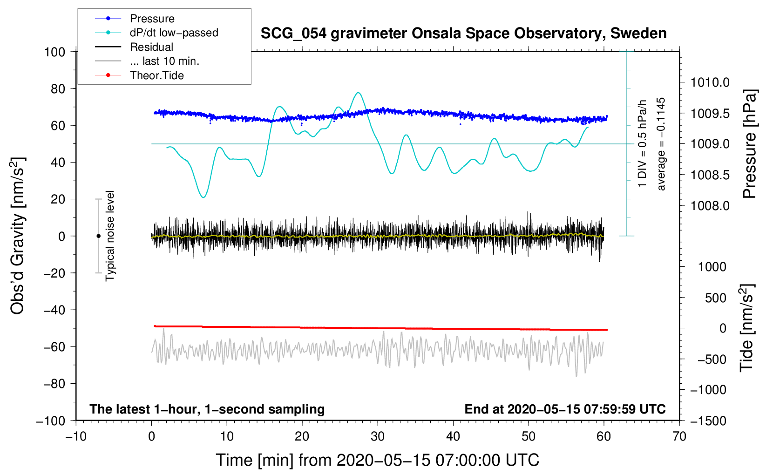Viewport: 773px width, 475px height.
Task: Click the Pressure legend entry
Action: tap(152, 19)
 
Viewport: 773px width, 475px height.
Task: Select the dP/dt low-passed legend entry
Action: tap(174, 33)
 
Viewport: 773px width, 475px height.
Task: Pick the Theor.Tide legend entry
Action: tap(156, 75)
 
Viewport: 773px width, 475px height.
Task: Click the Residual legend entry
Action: tap(151, 47)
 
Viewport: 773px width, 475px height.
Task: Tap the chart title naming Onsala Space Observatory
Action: tap(463, 34)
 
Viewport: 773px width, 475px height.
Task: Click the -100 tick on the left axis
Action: tap(51, 421)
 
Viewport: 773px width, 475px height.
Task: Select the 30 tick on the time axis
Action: tap(378, 436)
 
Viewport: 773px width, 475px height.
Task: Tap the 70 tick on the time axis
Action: tap(679, 436)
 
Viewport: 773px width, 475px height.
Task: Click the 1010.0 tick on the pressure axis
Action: tap(710, 83)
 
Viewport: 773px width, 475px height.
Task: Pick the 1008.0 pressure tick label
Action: tap(710, 206)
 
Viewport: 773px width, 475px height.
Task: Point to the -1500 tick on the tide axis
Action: tap(708, 421)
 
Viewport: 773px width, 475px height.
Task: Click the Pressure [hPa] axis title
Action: tap(749, 144)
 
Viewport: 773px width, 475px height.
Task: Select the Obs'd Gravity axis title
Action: tap(17, 236)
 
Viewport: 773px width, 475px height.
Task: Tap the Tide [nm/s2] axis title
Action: tap(746, 328)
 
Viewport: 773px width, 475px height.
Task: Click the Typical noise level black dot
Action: tap(98, 236)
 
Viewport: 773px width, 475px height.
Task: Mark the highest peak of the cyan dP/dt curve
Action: tap(358, 93)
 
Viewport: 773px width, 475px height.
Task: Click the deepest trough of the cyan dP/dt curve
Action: tap(203, 197)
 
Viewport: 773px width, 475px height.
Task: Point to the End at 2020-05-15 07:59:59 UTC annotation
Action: tap(565, 409)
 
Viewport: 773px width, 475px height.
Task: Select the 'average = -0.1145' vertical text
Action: tap(661, 144)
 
